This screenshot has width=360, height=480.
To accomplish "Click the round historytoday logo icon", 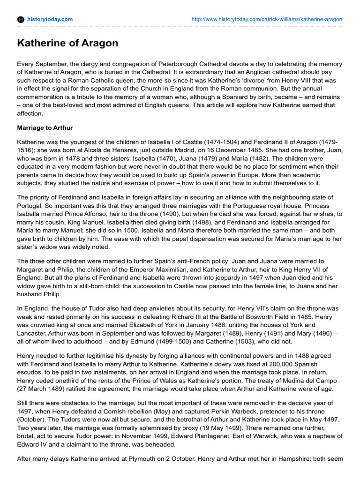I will pyautogui.click(x=21, y=19).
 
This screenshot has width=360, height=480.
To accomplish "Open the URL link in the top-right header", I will pyautogui.click(x=267, y=19).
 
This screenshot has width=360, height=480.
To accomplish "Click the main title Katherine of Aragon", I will pyautogui.click(x=67, y=44).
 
